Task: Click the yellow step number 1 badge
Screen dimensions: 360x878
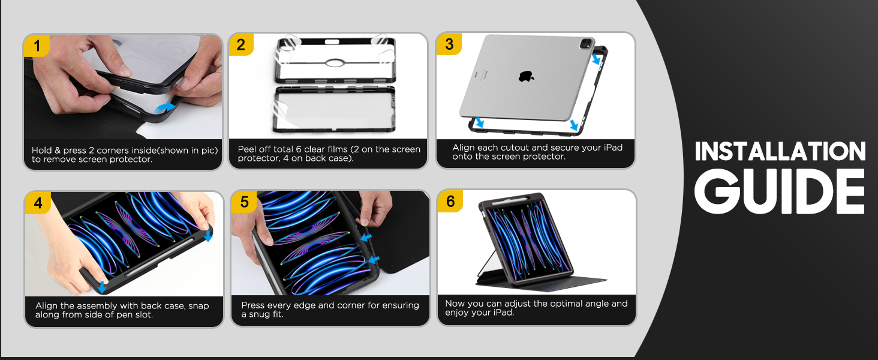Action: point(38,46)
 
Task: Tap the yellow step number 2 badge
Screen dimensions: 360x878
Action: point(241,44)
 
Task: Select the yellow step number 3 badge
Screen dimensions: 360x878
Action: point(449,44)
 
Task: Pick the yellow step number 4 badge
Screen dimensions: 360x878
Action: point(38,203)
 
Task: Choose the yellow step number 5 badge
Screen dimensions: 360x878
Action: point(244,202)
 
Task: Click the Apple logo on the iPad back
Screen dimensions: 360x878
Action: point(526,76)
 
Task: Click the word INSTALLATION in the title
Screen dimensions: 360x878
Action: point(780,152)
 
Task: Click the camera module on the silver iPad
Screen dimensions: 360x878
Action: point(586,44)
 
